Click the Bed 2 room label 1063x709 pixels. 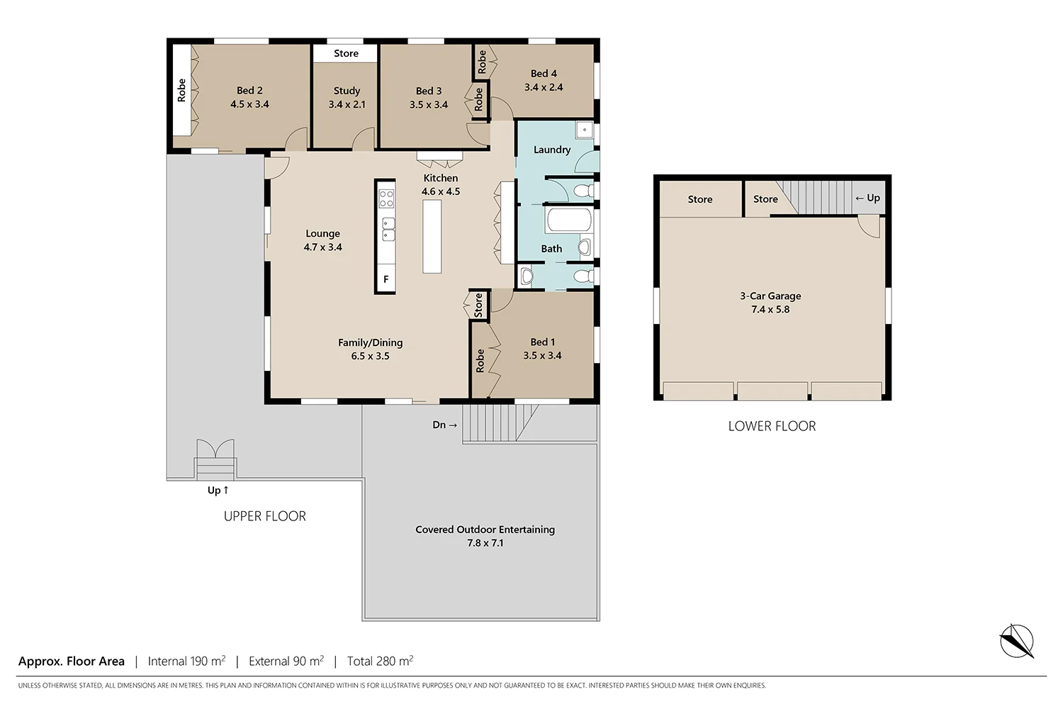[249, 91]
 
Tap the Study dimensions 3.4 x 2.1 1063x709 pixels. [347, 104]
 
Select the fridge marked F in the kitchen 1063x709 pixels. [386, 279]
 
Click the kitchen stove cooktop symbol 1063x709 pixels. [386, 199]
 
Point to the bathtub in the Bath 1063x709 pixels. [568, 220]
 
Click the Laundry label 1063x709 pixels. [551, 150]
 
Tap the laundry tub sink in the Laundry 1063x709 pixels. [584, 129]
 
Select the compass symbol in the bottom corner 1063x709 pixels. [1016, 641]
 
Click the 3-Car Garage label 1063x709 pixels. [770, 296]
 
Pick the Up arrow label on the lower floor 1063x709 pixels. [867, 198]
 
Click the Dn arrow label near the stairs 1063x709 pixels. [444, 425]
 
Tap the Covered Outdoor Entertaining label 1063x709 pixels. [485, 530]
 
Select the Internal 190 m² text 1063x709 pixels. [186, 661]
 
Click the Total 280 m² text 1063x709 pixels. [380, 661]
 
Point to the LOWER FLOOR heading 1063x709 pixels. [772, 426]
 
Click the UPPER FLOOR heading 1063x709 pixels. [265, 516]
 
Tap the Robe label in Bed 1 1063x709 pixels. [480, 360]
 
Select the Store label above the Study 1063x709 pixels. [346, 53]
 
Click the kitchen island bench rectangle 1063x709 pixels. [432, 236]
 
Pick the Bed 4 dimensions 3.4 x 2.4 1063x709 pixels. [544, 87]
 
